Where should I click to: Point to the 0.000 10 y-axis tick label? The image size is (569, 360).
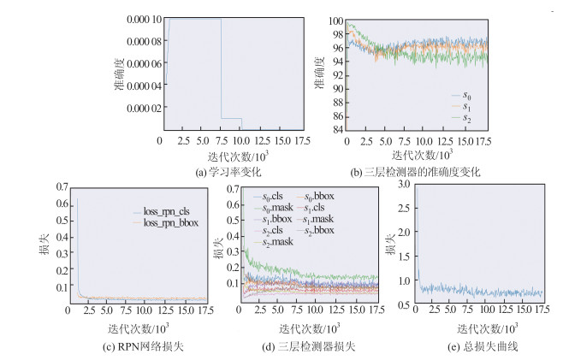(139, 19)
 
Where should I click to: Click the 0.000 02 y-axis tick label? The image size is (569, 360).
(139, 108)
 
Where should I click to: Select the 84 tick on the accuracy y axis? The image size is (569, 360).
(337, 130)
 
